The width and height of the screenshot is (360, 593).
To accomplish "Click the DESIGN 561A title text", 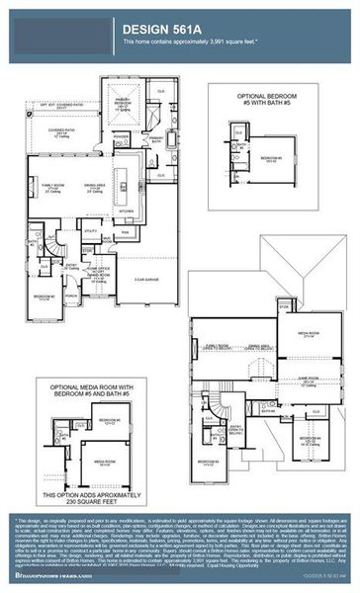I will point(158,30).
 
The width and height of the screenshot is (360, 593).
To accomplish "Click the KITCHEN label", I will point(126,211).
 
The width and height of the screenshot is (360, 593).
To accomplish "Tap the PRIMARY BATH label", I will point(156,140).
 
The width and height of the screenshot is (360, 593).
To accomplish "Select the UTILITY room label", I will point(90,230).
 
